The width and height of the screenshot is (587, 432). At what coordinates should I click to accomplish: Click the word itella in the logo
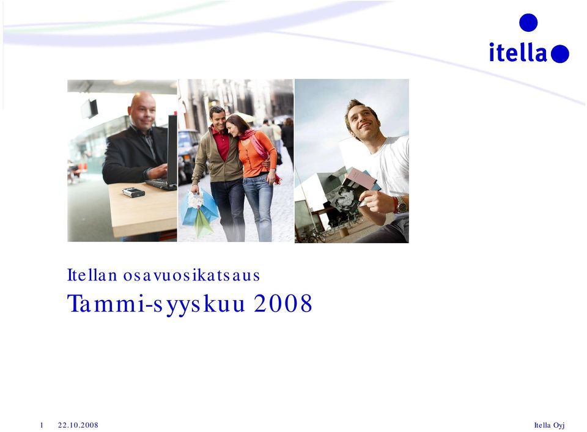(x=519, y=52)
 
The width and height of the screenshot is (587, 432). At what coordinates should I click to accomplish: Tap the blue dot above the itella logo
(x=528, y=23)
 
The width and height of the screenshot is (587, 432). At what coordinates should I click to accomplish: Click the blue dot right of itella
(x=559, y=54)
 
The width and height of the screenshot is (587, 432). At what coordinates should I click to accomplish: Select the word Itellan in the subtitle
(x=92, y=276)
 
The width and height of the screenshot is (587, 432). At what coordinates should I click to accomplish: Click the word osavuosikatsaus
(x=191, y=276)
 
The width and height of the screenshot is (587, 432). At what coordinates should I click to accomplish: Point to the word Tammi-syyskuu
(x=156, y=304)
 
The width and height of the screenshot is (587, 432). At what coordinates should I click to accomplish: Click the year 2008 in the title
(x=283, y=303)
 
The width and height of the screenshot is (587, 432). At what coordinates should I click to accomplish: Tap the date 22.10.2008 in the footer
(x=78, y=425)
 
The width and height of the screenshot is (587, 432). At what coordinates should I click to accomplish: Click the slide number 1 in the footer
(x=42, y=425)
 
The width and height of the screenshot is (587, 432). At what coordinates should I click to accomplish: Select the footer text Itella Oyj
(x=549, y=425)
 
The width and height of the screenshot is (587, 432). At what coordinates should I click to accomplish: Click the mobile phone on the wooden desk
(x=133, y=192)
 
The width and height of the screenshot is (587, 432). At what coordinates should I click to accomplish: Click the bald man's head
(x=142, y=109)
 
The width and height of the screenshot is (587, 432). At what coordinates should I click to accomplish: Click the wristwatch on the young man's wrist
(x=401, y=204)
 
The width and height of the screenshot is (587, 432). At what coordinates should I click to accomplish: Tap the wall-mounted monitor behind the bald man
(x=90, y=109)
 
